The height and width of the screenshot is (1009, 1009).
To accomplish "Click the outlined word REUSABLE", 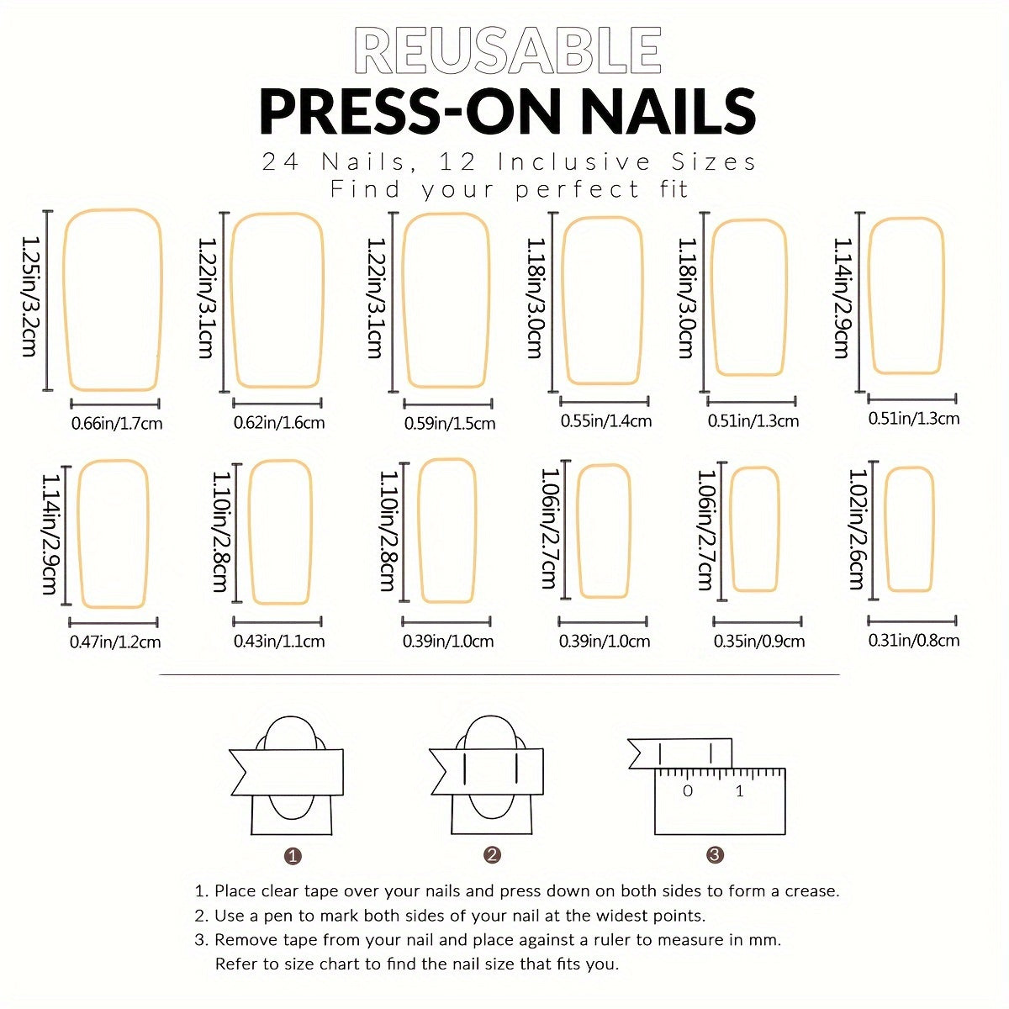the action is coord(507,50).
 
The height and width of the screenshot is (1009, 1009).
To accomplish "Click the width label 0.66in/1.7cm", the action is coord(117,423).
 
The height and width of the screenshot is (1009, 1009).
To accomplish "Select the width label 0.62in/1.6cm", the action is coord(279,422).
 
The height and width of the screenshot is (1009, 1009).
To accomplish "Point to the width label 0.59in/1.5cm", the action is coord(450,423).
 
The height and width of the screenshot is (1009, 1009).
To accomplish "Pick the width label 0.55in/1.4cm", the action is coord(606,420).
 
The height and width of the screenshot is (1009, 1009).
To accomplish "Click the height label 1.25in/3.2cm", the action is coord(29,297).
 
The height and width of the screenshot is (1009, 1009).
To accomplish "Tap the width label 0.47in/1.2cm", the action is coord(115,642).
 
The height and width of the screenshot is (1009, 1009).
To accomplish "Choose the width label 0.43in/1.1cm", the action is coord(279,641).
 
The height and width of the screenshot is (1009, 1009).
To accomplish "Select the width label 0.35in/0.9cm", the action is coord(759,641).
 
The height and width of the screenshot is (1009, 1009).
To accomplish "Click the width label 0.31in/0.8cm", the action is coord(914,639).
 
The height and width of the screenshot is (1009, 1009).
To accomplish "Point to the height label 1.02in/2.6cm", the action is coord(857,529).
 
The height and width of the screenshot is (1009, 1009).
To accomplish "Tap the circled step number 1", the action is coord(293,856).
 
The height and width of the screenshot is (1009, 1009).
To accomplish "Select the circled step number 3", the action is coord(715,855).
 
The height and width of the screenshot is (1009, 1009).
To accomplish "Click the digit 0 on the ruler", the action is coord(688,790).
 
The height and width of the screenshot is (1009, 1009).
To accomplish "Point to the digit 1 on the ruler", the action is coord(739,790).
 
